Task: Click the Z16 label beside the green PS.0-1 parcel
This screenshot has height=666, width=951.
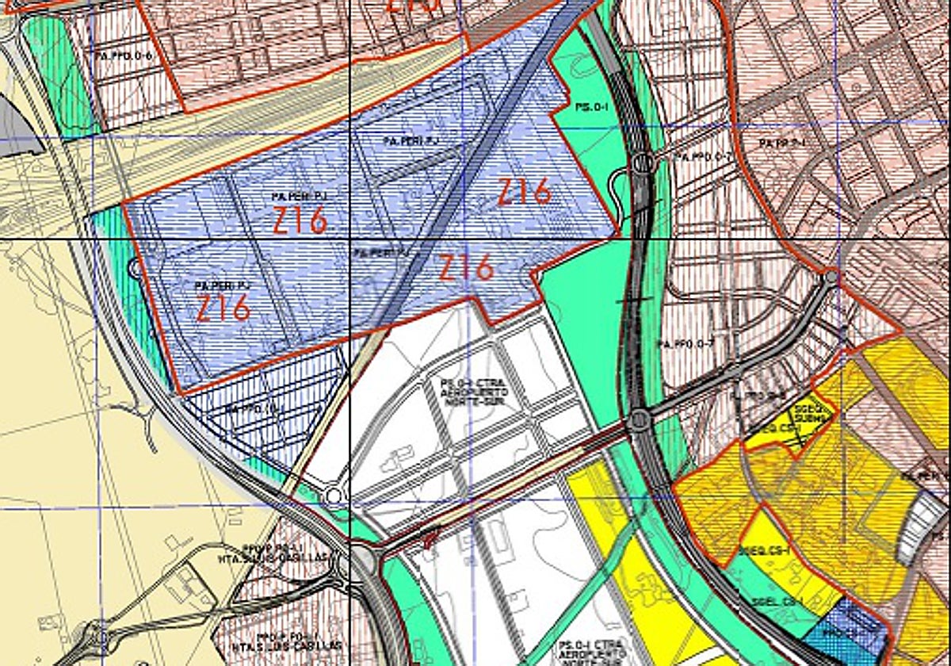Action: pyautogui.click(x=524, y=192)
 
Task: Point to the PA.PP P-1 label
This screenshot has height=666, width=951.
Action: pyautogui.click(x=781, y=143)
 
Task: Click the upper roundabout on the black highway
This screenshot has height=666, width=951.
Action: pyautogui.click(x=641, y=165)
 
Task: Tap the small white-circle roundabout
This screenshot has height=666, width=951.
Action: pyautogui.click(x=334, y=496)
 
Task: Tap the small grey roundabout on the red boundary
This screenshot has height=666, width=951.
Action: pyautogui.click(x=830, y=277)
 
